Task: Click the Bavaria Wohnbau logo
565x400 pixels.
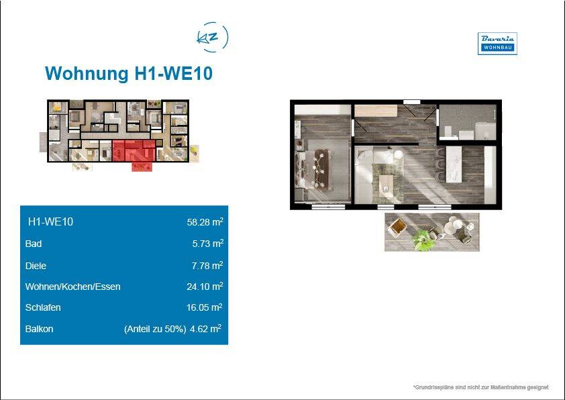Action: pyautogui.click(x=497, y=44)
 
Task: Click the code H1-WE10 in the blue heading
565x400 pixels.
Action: pyautogui.click(x=173, y=73)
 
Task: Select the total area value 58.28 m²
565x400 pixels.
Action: pyautogui.click(x=205, y=221)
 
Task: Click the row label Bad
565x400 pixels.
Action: pyautogui.click(x=34, y=244)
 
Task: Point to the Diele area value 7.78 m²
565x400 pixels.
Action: pyautogui.click(x=207, y=266)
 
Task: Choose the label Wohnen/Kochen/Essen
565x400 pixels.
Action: pyautogui.click(x=72, y=287)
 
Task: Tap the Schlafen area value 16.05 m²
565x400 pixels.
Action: pyautogui.click(x=204, y=307)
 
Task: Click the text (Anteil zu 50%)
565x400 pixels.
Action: pyautogui.click(x=155, y=329)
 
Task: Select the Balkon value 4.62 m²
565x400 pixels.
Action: pyautogui.click(x=205, y=329)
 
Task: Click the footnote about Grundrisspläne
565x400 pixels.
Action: pyautogui.click(x=481, y=387)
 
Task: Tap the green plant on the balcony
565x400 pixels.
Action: pyautogui.click(x=423, y=240)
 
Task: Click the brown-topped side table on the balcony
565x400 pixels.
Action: pyautogui.click(x=397, y=226)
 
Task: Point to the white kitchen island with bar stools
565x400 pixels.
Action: pyautogui.click(x=454, y=164)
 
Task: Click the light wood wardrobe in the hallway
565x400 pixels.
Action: pyautogui.click(x=376, y=111)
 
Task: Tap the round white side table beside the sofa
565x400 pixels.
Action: pyautogui.click(x=398, y=154)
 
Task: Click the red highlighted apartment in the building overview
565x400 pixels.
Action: pyautogui.click(x=134, y=150)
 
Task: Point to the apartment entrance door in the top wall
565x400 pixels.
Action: pyautogui.click(x=411, y=102)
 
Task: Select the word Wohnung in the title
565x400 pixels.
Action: pyautogui.click(x=87, y=73)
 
